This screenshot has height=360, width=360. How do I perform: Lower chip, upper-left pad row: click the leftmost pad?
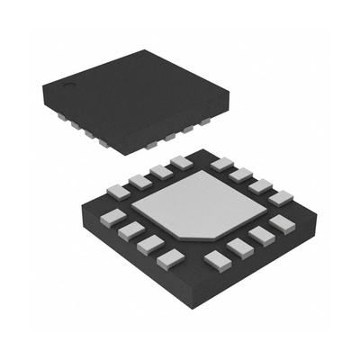pos(116,190)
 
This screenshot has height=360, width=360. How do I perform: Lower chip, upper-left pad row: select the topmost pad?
pos(182,162)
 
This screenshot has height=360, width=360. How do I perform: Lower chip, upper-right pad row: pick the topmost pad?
pos(221,164)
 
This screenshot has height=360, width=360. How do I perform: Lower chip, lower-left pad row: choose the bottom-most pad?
pos(169,260)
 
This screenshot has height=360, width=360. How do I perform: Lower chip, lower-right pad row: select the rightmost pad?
pos(282,223)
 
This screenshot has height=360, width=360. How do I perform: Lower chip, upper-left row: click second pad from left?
pos(139,181)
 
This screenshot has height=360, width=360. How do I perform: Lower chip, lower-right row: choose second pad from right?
pos(261,236)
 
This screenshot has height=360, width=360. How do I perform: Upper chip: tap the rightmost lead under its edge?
pos(210,120)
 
